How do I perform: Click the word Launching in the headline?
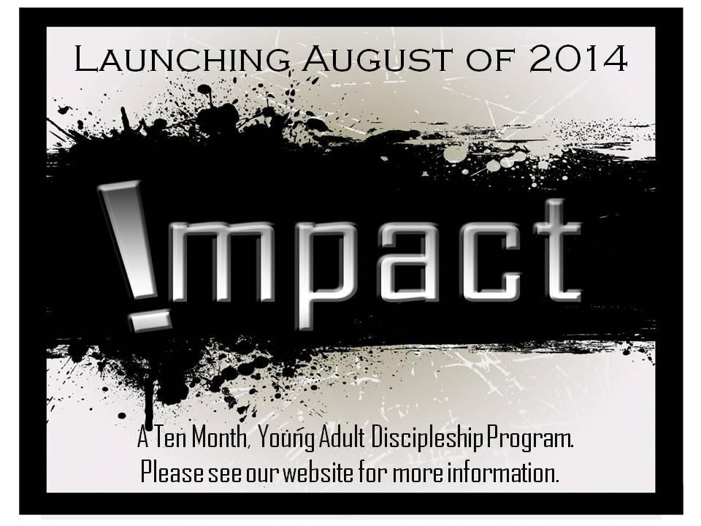coord(182,59)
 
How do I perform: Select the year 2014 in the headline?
coord(578,58)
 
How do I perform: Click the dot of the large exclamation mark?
coord(150,320)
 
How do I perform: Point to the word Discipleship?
coord(427,438)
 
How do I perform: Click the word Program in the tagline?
coord(530,439)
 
